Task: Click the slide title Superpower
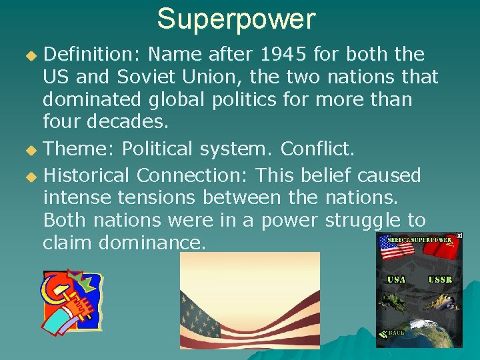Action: point(236,19)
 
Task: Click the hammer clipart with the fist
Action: point(71,301)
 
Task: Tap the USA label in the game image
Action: point(396,279)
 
